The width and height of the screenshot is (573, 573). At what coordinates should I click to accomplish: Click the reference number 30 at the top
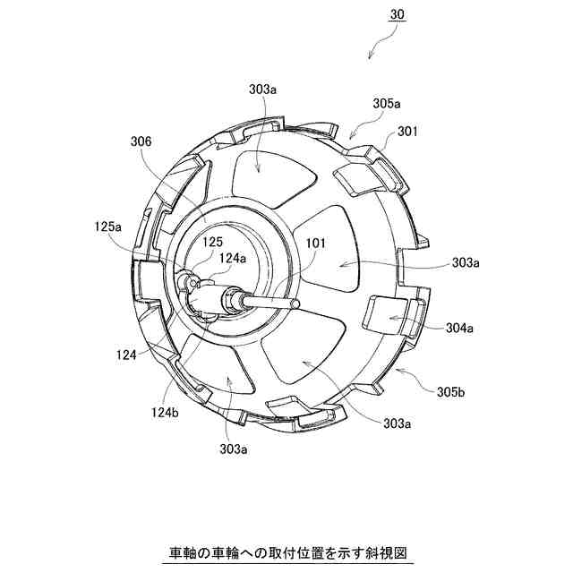398,14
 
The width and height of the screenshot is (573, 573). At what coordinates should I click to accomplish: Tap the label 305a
387,104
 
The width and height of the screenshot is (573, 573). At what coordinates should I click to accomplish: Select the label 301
406,132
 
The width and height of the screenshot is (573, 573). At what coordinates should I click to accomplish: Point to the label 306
141,141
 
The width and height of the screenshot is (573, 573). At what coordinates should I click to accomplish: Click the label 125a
107,227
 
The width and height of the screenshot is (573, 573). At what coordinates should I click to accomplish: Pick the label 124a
233,258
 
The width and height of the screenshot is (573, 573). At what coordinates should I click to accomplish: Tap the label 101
315,243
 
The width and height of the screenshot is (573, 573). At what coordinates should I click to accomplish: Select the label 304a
459,328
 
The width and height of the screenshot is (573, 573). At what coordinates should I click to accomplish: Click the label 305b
451,392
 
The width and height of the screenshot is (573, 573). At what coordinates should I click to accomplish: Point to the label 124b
165,413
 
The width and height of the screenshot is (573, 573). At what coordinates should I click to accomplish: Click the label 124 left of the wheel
126,355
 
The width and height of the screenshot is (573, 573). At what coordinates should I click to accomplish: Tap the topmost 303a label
262,90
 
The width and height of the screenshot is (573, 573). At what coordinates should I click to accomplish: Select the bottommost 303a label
233,449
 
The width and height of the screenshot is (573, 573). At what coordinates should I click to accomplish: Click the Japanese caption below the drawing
288,552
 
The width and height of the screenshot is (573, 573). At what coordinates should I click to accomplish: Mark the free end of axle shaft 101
296,304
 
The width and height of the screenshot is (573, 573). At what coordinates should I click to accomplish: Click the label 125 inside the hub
213,242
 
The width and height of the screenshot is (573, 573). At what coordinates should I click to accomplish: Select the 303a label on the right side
466,262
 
